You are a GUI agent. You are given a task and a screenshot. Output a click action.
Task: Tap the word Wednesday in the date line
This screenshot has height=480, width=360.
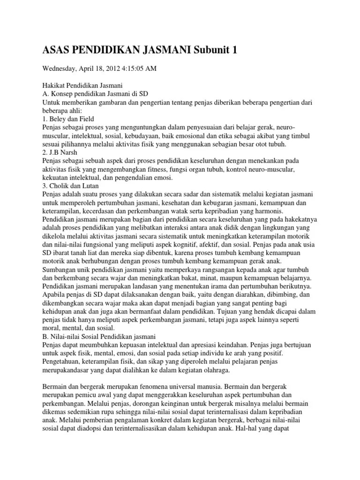[61, 68]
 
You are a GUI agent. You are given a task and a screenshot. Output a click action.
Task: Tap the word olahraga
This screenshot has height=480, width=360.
[215, 370]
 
